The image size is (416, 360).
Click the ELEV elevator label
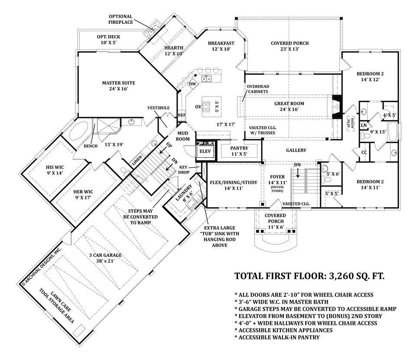[x=205, y=152]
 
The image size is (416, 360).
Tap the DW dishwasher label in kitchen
[x=192, y=84]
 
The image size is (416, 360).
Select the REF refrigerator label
[x=182, y=115]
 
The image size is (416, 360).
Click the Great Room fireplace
[x=336, y=107]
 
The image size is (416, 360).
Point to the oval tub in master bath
[x=79, y=131]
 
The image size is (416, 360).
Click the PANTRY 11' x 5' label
[x=239, y=151]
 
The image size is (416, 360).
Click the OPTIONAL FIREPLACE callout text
[x=120, y=19]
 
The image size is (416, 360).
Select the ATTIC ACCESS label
[x=351, y=123]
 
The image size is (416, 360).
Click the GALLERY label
[x=296, y=150]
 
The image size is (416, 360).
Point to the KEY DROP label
[x=184, y=170]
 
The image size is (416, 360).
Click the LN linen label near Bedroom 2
[x=364, y=125]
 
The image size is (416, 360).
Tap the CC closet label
[x=364, y=152]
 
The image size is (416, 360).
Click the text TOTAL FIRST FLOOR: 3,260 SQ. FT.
[x=309, y=276]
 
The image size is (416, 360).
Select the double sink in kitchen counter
[x=206, y=78]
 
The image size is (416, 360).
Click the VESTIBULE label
[x=159, y=108]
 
